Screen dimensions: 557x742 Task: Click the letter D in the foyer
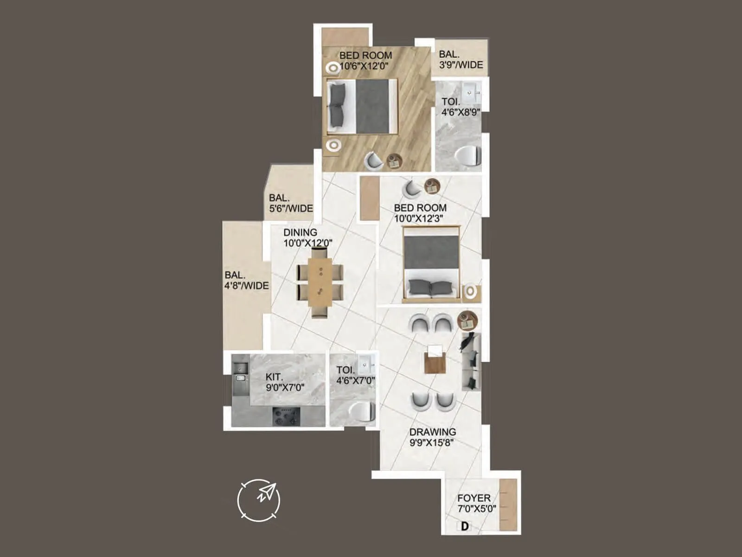pyautogui.click(x=464, y=526)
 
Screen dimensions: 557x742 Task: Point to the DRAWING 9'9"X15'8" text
pyautogui.click(x=432, y=437)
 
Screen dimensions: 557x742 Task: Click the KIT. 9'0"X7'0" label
pyautogui.click(x=285, y=382)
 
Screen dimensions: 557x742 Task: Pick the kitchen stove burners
pyautogui.click(x=286, y=416)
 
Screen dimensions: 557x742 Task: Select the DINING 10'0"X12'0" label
pyautogui.click(x=307, y=238)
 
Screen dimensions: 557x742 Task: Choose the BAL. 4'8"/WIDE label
pyautogui.click(x=247, y=280)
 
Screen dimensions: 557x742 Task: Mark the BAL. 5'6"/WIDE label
pyautogui.click(x=291, y=203)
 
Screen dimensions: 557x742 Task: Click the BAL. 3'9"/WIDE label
pyautogui.click(x=461, y=60)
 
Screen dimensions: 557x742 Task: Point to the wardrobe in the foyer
pyautogui.click(x=508, y=505)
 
